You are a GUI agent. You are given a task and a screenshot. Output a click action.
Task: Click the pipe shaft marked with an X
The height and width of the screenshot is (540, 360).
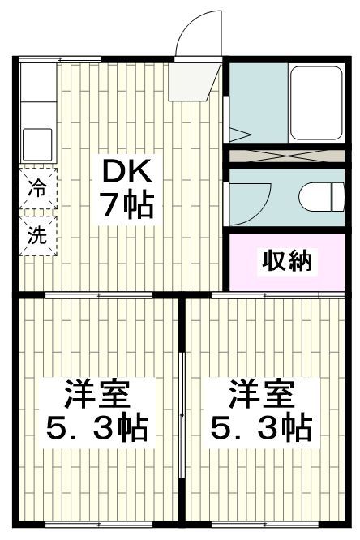point(285,156)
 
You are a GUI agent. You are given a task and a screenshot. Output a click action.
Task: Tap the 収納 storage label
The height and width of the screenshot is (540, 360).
point(286,261)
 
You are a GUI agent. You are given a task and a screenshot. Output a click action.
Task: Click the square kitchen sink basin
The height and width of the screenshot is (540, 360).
point(37,144)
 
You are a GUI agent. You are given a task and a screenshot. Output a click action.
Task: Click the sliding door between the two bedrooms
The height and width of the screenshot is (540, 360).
point(183,414)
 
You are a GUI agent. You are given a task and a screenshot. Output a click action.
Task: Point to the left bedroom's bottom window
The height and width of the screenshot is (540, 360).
point(97,523)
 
